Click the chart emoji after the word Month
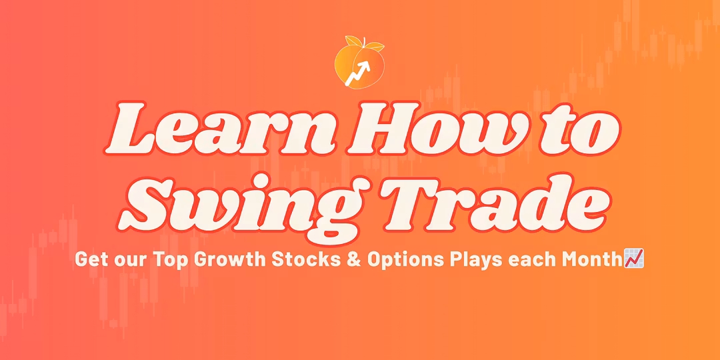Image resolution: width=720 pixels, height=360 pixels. pyautogui.click(x=633, y=259)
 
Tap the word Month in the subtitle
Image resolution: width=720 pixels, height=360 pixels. pyautogui.click(x=593, y=259)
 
